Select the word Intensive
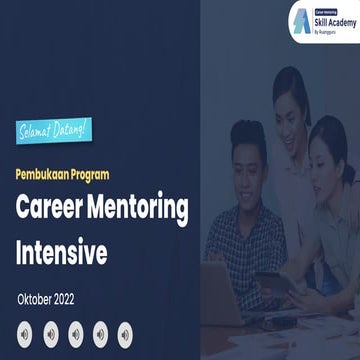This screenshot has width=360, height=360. coord(61,252)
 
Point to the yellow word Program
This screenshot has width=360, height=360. coord(108,172)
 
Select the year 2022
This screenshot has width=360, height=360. coord(84,299)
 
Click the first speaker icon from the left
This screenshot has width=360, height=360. coord(26,332)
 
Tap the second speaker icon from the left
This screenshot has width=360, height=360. coord(51,332)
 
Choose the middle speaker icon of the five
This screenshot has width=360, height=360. coord(76,332)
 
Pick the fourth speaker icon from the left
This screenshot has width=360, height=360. coord(100,332)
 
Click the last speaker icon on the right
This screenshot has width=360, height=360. coord(125,332)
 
